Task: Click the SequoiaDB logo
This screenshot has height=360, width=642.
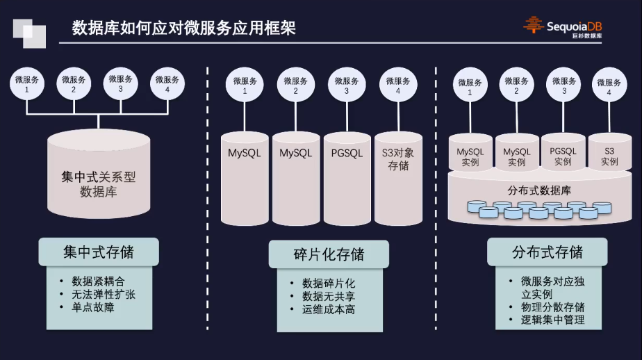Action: (563, 26)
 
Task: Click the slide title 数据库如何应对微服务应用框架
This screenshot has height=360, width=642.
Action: (184, 28)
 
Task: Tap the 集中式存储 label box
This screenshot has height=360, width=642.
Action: (98, 252)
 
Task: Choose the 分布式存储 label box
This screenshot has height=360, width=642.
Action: (547, 252)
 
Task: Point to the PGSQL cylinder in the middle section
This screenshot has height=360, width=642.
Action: (346, 177)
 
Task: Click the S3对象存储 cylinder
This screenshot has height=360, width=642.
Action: (397, 177)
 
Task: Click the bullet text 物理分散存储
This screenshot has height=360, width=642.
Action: (552, 306)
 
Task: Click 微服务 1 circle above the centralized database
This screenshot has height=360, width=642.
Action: (27, 84)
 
